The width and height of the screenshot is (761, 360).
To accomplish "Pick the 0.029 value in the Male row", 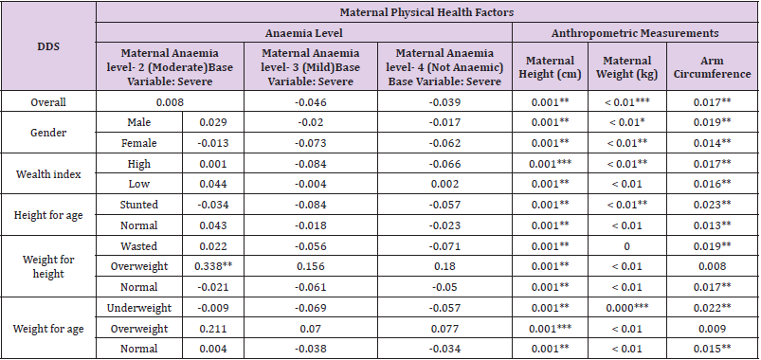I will [215, 123].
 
